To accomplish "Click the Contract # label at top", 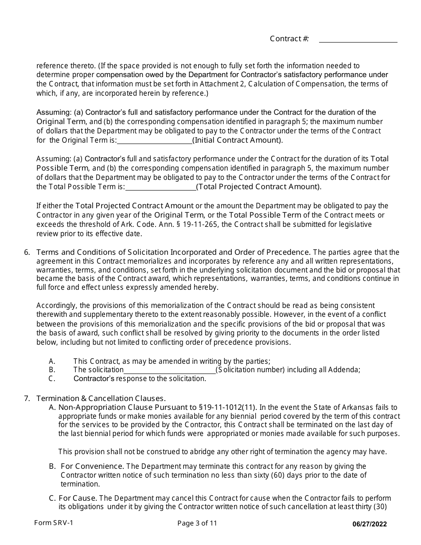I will click(289, 39).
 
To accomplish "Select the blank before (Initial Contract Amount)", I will click(154, 140).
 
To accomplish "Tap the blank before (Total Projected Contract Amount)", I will click(160, 187).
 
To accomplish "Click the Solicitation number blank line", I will click(169, 370).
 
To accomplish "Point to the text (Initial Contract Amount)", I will click(238, 140).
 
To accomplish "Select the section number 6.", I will click(27, 252).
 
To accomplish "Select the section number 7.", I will click(27, 398).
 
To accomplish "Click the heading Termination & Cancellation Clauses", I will click(101, 398).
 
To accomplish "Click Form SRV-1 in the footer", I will click(54, 523).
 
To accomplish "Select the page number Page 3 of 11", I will click(197, 523).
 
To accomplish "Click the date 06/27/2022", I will click(369, 524).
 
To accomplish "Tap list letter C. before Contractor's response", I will click(52, 378).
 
